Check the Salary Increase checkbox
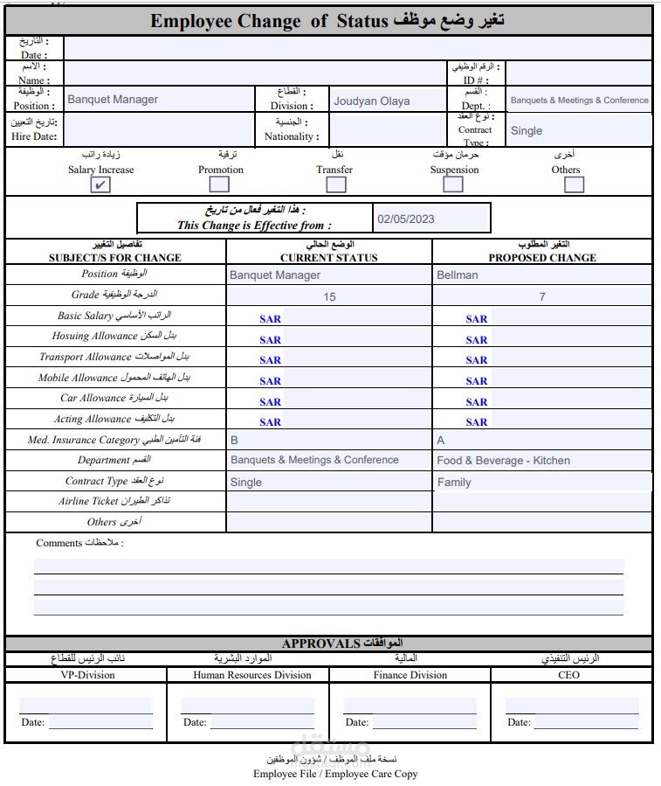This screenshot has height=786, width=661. click(x=100, y=184)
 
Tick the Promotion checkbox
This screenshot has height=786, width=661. click(x=219, y=184)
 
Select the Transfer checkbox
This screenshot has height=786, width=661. click(x=335, y=184)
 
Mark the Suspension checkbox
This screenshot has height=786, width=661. click(x=452, y=184)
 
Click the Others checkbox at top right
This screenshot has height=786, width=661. click(x=574, y=184)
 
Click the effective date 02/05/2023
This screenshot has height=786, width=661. click(x=406, y=219)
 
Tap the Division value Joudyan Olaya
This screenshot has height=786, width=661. click(x=371, y=101)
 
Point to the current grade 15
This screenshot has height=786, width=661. click(x=329, y=296)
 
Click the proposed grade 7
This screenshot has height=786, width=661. click(x=541, y=296)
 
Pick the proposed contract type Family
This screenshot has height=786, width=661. click(x=454, y=482)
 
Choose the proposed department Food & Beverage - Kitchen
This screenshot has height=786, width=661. click(x=503, y=460)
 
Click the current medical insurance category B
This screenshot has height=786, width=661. click(x=234, y=440)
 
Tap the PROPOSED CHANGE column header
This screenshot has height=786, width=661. click(x=541, y=258)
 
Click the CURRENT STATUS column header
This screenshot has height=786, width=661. click(x=328, y=258)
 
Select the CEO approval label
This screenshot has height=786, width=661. click(x=568, y=675)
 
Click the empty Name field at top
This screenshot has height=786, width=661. click(x=253, y=72)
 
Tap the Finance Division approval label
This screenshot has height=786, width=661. click(x=410, y=675)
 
